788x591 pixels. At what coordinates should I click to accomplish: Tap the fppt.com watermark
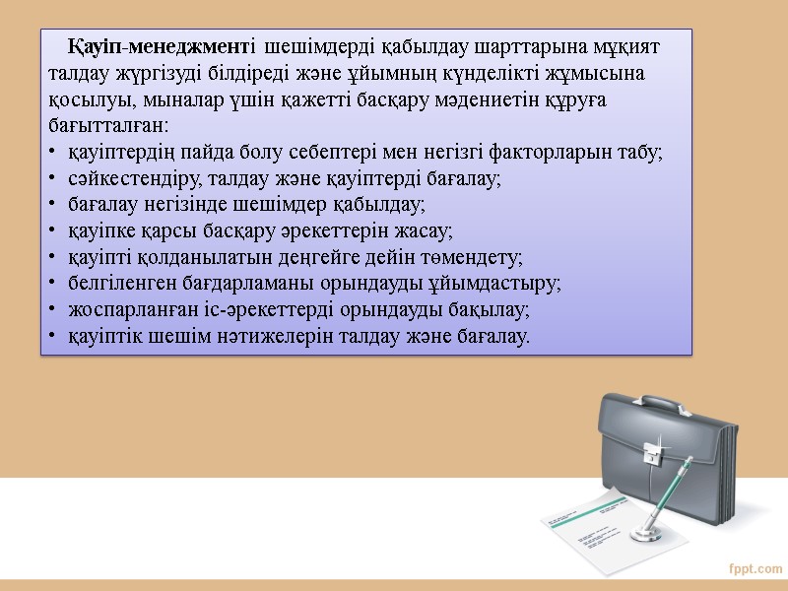pyautogui.click(x=755, y=569)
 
